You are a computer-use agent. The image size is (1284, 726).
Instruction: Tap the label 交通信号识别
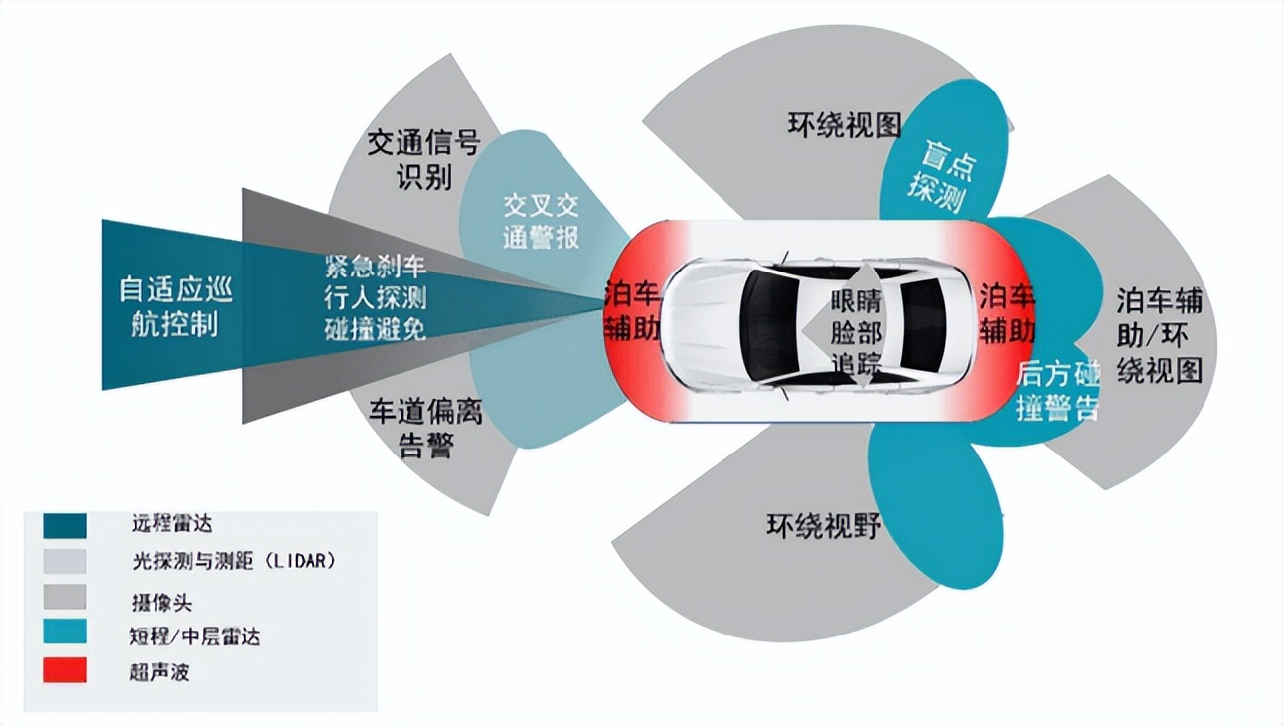[424, 160]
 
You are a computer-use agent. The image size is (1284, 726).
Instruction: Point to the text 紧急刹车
[375, 266]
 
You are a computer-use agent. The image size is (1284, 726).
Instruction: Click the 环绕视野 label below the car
[824, 524]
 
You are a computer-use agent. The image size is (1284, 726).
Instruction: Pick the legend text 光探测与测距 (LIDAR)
[234, 561]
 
